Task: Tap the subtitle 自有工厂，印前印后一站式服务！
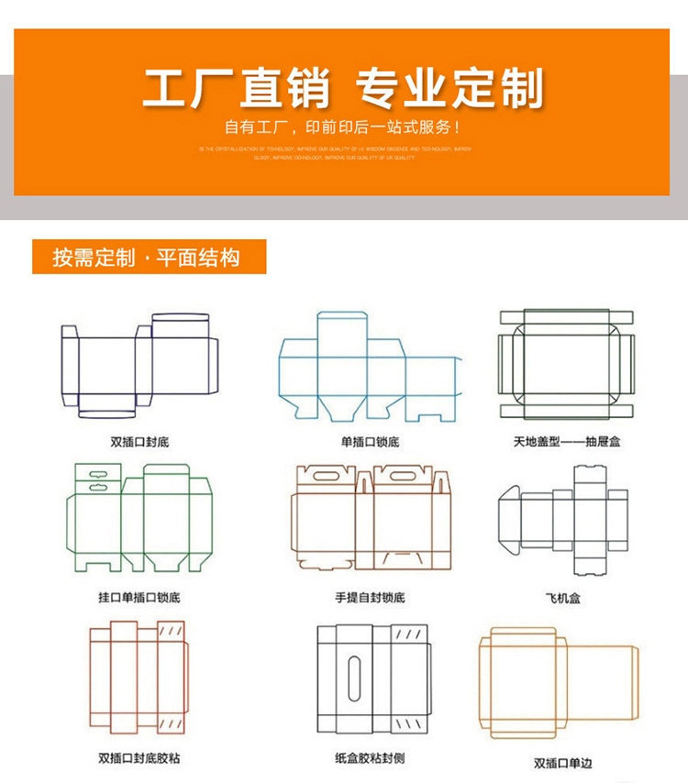(x=343, y=127)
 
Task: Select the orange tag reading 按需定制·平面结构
(x=149, y=257)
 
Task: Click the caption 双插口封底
(x=139, y=442)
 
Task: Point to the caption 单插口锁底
(x=370, y=442)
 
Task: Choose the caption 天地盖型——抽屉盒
(x=566, y=442)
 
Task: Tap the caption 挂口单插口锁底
(x=139, y=598)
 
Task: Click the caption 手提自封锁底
(x=370, y=598)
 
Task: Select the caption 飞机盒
(x=562, y=598)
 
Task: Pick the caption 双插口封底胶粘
(x=139, y=758)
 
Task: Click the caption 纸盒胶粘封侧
(x=370, y=758)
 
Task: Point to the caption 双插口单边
(x=562, y=763)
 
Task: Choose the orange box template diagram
(x=558, y=683)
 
